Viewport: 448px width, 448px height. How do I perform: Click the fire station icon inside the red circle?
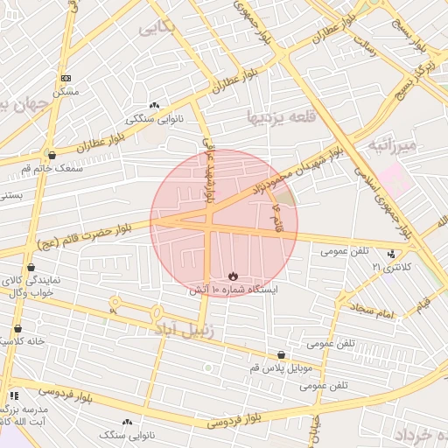point(232,276)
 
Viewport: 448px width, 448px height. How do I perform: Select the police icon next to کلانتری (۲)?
point(391,254)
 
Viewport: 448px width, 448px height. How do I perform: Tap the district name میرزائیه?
point(395,144)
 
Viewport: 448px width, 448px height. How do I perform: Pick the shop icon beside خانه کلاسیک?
point(17,328)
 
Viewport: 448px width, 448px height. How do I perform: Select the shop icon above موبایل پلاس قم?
point(280,355)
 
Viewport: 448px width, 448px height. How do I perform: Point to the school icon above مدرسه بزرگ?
point(13,395)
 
